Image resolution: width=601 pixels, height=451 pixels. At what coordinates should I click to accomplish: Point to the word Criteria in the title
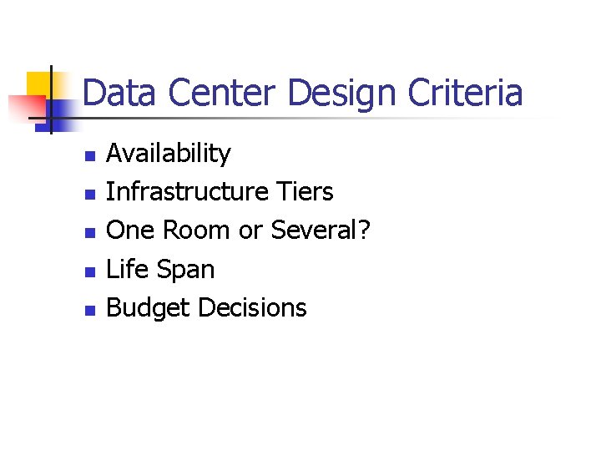coord(466,93)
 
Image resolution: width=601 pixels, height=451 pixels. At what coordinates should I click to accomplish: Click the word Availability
coord(169,154)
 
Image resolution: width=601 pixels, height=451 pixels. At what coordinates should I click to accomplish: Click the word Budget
coord(149,308)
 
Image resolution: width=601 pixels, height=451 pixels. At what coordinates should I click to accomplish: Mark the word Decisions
coord(252,308)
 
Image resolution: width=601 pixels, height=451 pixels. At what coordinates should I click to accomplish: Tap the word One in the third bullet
coord(129,231)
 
